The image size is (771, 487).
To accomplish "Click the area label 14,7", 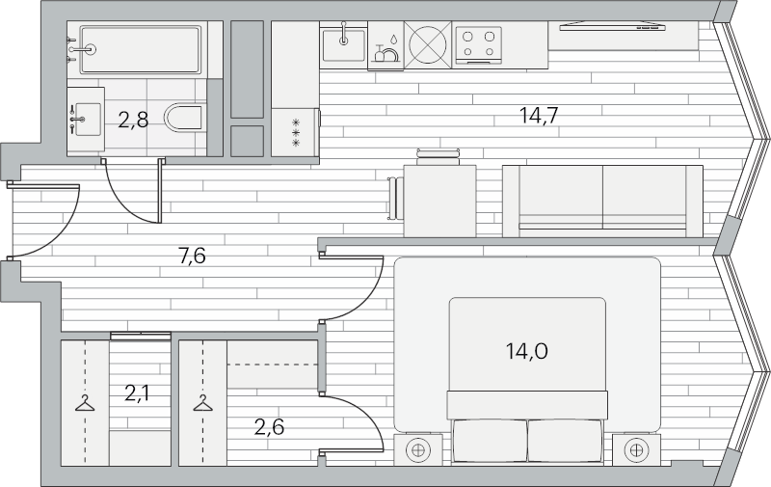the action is pos(540,116).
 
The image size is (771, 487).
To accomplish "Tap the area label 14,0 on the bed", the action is pos(526,351).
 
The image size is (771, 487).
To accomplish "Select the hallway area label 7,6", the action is pos(192,256).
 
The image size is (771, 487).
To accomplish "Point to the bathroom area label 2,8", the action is pos(133,120).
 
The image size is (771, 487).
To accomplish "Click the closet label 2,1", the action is pos(137,393).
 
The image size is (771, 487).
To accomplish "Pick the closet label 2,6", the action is pos(270,427).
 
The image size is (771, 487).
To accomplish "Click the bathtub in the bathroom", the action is pos(141,50).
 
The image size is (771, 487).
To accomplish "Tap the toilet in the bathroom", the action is pos(184,117).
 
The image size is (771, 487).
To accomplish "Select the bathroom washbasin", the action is pos(86,120).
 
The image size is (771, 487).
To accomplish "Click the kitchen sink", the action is pos(343,44).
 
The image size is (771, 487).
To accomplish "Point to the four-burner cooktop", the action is pos(478,44).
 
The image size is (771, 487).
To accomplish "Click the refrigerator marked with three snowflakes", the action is pos(296,133).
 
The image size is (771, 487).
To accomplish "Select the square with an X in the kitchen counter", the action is pos(428,44).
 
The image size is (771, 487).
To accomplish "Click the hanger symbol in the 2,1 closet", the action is pos(85,403).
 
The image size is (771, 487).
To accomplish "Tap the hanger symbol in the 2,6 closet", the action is pos(202,403).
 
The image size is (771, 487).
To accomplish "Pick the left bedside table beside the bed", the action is pos(418,449).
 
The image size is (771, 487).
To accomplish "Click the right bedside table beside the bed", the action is pos(636,449).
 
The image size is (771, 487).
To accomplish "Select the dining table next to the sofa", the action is pos(439,201).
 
